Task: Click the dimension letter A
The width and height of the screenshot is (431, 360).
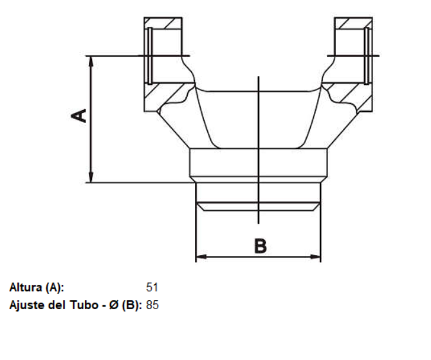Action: click(78, 116)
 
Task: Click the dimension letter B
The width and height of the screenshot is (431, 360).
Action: click(261, 246)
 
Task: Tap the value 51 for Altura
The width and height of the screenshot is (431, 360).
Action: click(152, 287)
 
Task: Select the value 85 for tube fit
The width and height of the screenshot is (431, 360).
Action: click(152, 305)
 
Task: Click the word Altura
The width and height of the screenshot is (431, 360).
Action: click(26, 287)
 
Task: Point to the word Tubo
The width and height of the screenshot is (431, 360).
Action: click(84, 305)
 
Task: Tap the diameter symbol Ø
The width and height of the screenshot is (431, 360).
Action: click(113, 305)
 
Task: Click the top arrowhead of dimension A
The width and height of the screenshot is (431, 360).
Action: click(91, 61)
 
